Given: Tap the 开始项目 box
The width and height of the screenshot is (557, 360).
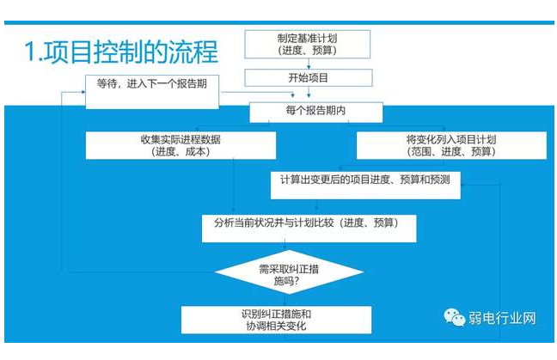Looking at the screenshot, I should click(308, 78).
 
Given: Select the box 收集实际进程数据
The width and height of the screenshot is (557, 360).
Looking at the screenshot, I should click(181, 145).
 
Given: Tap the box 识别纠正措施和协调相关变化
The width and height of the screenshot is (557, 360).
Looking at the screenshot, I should click(275, 320).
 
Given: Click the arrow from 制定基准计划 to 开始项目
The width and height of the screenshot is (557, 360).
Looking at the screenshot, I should click(308, 64).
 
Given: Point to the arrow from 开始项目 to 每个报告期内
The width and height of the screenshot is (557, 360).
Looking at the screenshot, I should click(308, 95).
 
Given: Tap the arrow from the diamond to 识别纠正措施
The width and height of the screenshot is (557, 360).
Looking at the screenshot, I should click(284, 300).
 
